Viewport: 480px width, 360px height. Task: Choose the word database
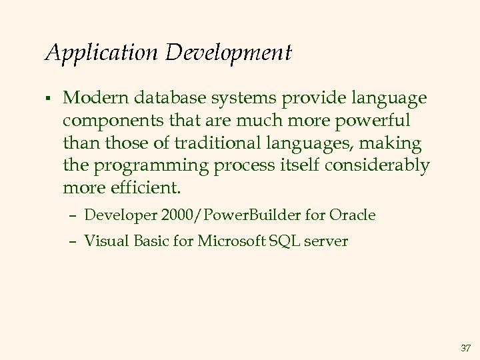coord(162,99)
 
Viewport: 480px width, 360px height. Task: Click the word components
coord(111,121)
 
